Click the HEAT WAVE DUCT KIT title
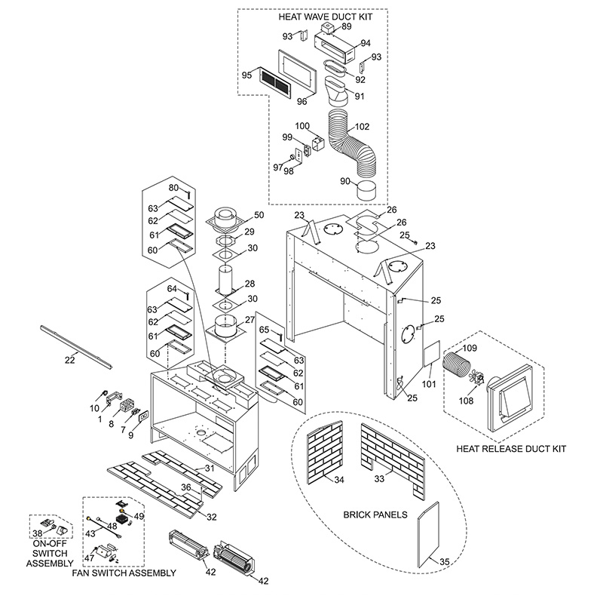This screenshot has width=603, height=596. point(326,17)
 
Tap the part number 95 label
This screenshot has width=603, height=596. point(246,75)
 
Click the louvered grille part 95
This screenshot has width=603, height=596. point(275,82)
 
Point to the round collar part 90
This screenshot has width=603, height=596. point(367,191)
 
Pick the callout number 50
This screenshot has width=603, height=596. point(259,215)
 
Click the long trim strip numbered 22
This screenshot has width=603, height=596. point(76,347)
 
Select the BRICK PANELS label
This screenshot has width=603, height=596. point(375,515)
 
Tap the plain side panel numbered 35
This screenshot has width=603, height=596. point(428,534)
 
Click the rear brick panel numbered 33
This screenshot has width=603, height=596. point(393,460)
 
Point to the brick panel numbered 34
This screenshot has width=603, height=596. point(325,451)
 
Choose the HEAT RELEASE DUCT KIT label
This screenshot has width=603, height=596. point(511,449)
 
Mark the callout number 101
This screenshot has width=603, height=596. point(429,383)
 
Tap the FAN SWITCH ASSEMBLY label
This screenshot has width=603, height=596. point(124,573)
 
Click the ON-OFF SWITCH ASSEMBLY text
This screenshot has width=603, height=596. point(50,553)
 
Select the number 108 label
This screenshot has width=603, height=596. point(466,401)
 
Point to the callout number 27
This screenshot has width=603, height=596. point(250,320)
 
